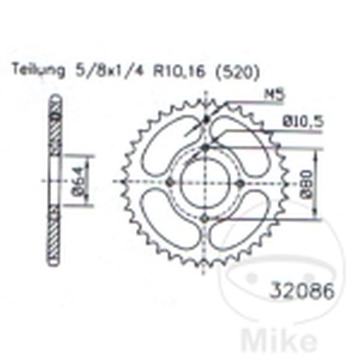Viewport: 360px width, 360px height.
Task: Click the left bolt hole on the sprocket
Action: coord(170,182)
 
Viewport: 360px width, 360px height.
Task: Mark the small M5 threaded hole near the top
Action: coord(207,119)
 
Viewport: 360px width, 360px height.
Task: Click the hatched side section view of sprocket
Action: coord(54,180)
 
